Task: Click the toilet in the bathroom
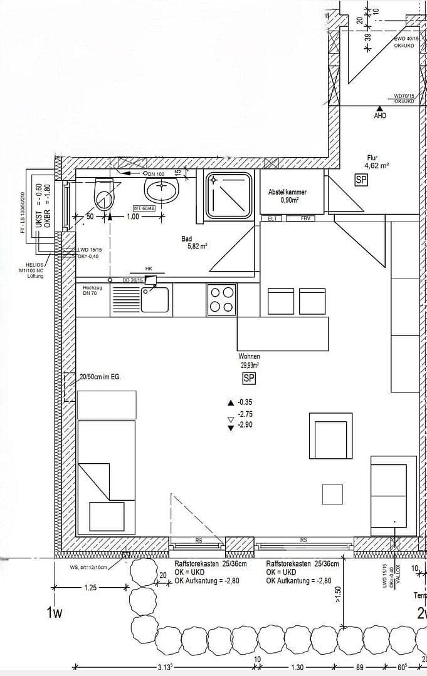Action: click(x=103, y=193)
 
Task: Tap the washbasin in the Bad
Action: click(x=161, y=188)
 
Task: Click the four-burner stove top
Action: click(x=221, y=299)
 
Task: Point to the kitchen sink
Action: click(x=154, y=300)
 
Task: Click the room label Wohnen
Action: click(x=249, y=356)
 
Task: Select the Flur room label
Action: click(x=373, y=158)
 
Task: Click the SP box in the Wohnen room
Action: click(x=249, y=378)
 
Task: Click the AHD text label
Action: click(x=380, y=116)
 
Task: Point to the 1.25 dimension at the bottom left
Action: click(x=90, y=588)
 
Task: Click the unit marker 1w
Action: click(x=55, y=612)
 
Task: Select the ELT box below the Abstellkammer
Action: click(x=273, y=218)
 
